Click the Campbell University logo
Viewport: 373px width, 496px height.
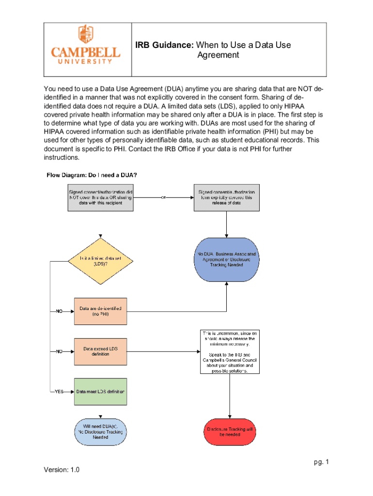pos(86,45)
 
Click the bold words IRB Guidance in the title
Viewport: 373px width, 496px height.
pos(164,45)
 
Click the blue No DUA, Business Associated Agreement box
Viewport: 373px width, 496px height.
pos(226,260)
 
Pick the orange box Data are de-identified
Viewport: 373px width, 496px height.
pos(100,311)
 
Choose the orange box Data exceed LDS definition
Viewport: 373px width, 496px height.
pos(100,351)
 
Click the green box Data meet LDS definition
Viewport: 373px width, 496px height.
pos(100,391)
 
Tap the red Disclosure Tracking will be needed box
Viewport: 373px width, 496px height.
pos(230,432)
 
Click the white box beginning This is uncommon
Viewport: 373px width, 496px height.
pos(230,352)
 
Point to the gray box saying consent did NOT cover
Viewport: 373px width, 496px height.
pos(100,197)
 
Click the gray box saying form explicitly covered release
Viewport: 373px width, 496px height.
pos(226,197)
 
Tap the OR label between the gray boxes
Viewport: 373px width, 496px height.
pos(163,198)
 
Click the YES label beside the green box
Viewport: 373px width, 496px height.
pos(59,391)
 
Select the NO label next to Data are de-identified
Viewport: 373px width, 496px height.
pos(59,311)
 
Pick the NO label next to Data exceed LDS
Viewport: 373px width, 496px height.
pos(59,352)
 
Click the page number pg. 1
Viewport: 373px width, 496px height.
pos(321,462)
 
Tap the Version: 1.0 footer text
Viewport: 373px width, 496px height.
pos(62,470)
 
